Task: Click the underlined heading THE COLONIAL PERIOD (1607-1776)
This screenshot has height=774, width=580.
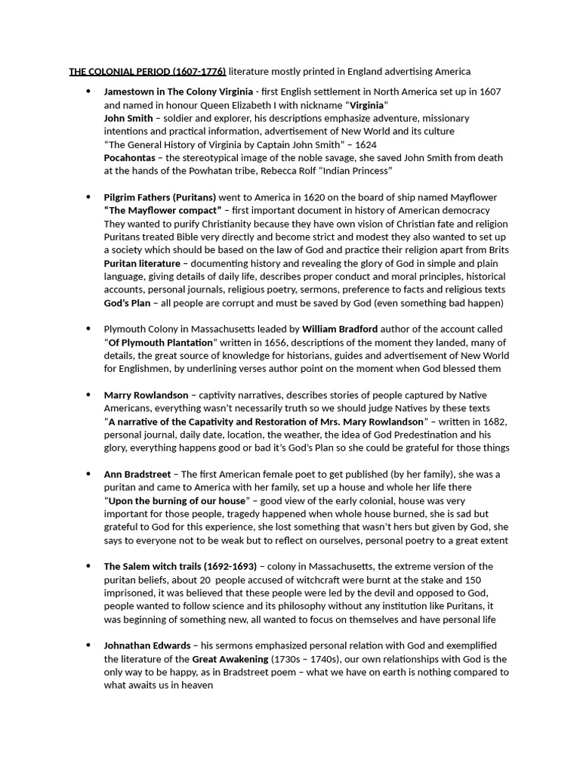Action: (x=147, y=72)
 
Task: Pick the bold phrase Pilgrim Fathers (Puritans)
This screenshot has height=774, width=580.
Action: (x=160, y=197)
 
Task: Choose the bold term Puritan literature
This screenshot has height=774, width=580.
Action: (x=142, y=263)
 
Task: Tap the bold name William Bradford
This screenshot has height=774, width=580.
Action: (x=340, y=330)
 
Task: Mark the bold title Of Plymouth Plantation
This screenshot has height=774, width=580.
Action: (x=159, y=342)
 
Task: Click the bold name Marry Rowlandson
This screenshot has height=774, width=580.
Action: (x=147, y=395)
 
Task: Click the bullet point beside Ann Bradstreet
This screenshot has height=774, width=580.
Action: (x=88, y=474)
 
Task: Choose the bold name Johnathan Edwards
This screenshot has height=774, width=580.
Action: (x=147, y=646)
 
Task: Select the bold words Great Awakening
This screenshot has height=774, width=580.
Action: (x=230, y=659)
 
